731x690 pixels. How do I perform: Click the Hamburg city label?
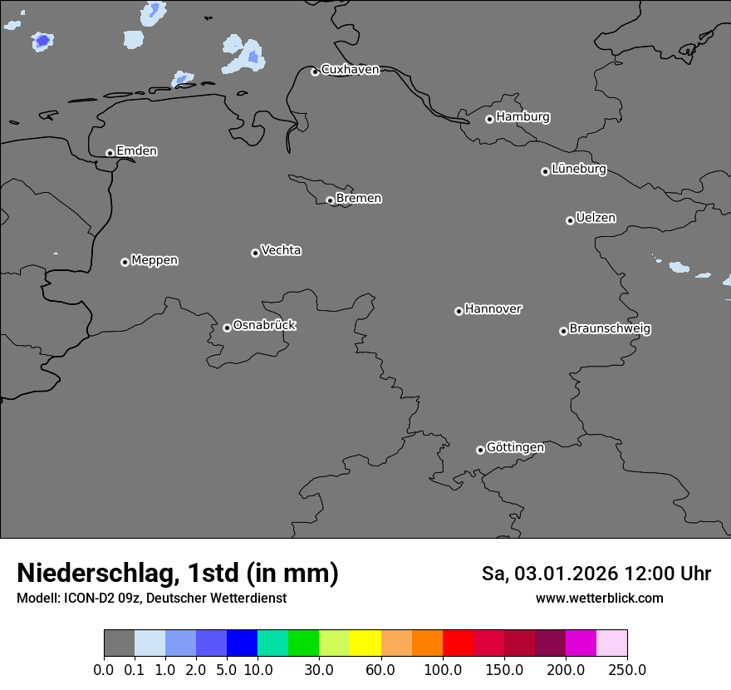click(x=522, y=117)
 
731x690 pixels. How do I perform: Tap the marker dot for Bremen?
click(x=330, y=200)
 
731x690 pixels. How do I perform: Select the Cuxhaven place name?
click(x=350, y=70)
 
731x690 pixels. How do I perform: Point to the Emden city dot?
click(x=110, y=153)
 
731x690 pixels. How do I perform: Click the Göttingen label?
click(x=515, y=448)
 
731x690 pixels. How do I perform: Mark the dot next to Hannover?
click(x=459, y=311)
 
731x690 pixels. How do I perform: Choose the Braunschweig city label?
click(x=610, y=329)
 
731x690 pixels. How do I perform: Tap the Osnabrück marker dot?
click(x=227, y=328)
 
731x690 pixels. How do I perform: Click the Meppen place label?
click(x=155, y=261)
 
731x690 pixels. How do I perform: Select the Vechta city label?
click(x=281, y=251)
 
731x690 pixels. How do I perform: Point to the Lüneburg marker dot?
click(x=545, y=171)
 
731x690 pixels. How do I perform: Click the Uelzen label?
click(x=596, y=219)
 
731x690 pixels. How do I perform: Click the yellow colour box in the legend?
click(x=365, y=644)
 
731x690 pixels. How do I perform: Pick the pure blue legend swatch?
click(x=242, y=644)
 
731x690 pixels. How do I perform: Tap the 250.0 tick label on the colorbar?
click(x=627, y=669)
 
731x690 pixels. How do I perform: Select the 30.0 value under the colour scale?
click(x=319, y=669)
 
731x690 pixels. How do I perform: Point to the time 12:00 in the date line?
click(x=645, y=574)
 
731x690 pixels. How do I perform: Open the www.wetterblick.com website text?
click(x=599, y=599)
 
